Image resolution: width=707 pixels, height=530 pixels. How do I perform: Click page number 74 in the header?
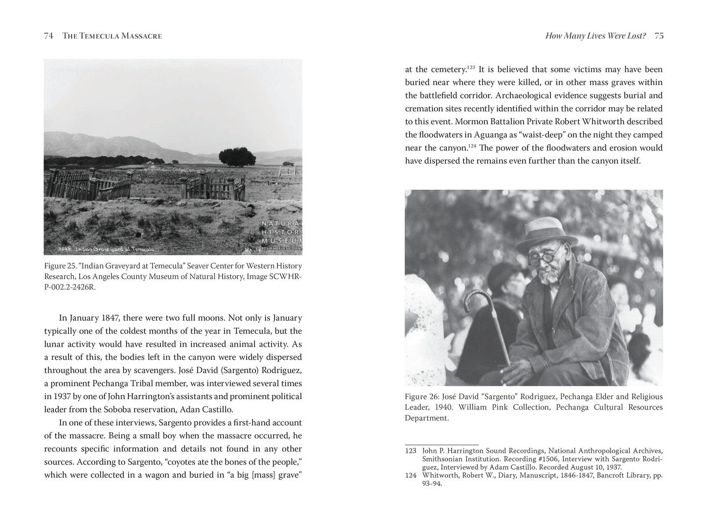[x=48, y=36]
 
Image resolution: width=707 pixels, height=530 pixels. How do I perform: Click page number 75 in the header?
[x=659, y=36]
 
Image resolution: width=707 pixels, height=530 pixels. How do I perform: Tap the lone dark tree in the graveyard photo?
[x=237, y=157]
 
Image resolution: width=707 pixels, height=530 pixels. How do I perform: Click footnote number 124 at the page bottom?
[x=411, y=475]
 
